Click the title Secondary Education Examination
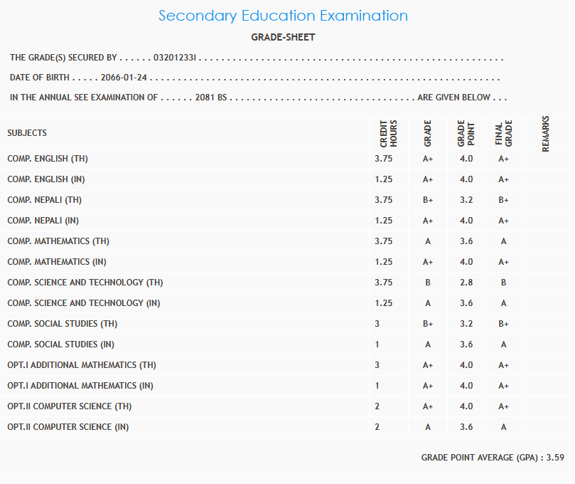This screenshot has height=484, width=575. coord(283,16)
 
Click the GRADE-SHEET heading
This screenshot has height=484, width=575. coord(283,37)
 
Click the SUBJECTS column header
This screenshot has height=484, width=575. coord(27,133)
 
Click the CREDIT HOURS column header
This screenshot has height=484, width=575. coord(388,133)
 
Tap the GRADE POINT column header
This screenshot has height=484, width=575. coord(466,133)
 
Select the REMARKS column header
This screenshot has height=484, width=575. coord(546,133)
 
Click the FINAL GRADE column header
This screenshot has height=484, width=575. coord(503,133)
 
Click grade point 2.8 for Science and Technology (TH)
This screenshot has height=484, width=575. coord(466,283)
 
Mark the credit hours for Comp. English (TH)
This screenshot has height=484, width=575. coord(383,159)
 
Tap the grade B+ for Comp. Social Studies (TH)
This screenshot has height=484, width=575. coord(428,324)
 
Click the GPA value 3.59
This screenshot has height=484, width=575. coord(555,458)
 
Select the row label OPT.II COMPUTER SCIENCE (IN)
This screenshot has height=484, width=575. coord(68,427)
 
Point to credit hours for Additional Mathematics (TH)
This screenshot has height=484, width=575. coord(377,365)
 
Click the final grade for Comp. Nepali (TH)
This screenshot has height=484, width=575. coord(503,200)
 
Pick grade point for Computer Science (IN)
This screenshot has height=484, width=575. coord(466,427)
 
